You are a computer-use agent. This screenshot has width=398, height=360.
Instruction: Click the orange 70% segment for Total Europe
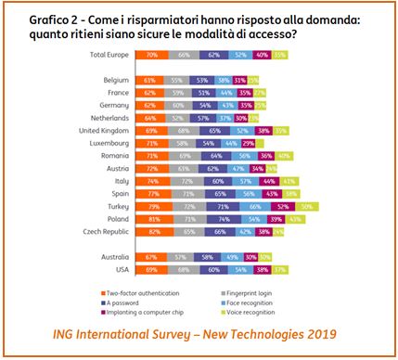(x=150, y=56)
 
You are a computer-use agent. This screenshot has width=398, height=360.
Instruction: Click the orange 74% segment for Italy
(x=151, y=181)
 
